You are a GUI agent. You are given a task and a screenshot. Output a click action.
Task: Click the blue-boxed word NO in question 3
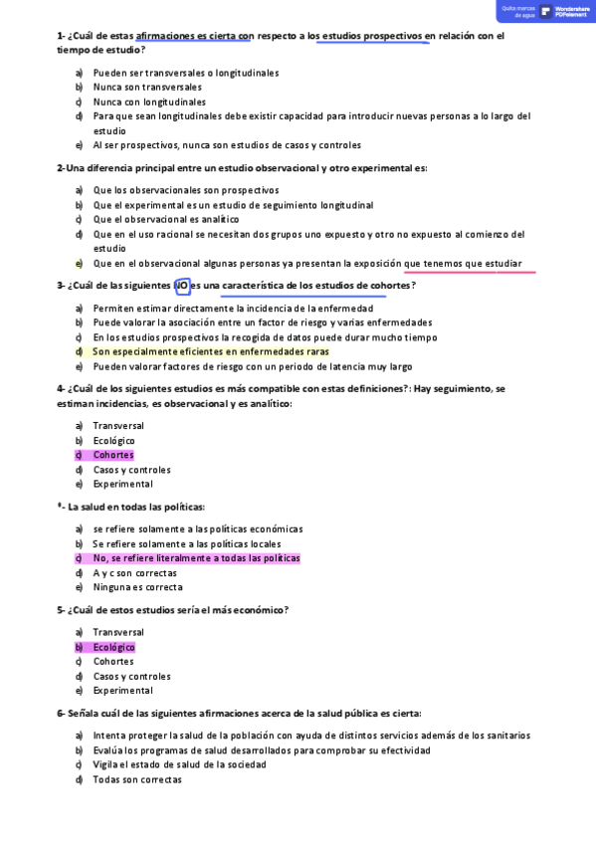tap(182, 286)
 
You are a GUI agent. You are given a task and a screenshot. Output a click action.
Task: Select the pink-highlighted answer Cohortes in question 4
tap(113, 455)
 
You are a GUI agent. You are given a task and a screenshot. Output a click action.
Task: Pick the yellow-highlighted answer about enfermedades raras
tap(210, 351)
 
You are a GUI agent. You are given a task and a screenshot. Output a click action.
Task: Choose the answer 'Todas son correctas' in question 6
tap(137, 779)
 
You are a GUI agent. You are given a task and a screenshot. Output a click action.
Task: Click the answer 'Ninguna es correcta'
tap(137, 587)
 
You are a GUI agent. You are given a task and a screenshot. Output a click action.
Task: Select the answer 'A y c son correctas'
tap(134, 573)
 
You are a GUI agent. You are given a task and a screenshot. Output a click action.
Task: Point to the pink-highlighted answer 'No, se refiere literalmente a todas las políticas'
tap(196, 558)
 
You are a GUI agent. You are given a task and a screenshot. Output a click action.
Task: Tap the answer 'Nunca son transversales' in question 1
tap(146, 87)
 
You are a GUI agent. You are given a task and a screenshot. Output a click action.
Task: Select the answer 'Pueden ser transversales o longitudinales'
tap(185, 73)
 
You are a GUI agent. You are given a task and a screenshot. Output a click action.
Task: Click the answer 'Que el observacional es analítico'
tap(166, 219)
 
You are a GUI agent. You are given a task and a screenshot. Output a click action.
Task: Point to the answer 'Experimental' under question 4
tap(122, 484)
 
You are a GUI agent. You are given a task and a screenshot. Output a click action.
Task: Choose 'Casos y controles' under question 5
tap(131, 676)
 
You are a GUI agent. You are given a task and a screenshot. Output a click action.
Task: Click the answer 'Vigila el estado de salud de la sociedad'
tap(179, 764)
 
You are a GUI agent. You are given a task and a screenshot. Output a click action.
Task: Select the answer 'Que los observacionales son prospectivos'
tap(185, 190)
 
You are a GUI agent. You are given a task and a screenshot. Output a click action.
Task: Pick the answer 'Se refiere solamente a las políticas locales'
tap(186, 544)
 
